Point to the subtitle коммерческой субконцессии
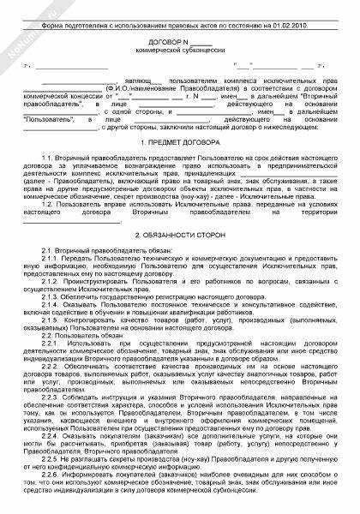179,51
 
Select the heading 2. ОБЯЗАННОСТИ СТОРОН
180,234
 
